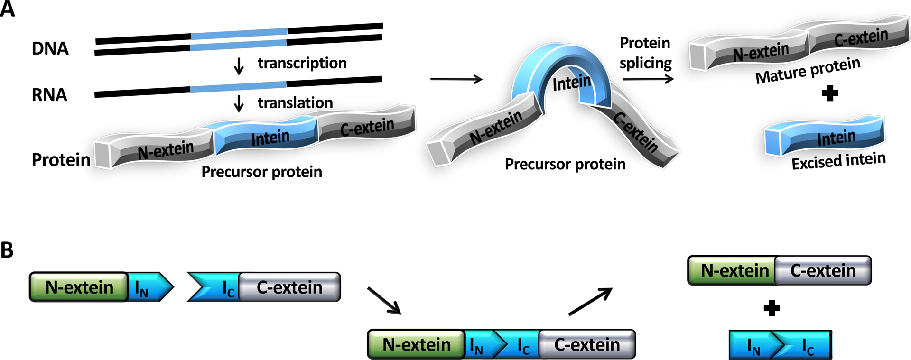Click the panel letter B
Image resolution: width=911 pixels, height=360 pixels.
pos(7,250)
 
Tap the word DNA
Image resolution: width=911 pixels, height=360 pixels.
pos(50,48)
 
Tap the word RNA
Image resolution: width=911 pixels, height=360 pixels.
pos(49,95)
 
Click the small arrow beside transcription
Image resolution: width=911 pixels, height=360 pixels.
pos(239,66)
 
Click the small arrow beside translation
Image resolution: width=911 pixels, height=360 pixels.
pos(239,103)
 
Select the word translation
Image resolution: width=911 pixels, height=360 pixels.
pos(295,102)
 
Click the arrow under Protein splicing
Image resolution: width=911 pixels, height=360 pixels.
pos(648,79)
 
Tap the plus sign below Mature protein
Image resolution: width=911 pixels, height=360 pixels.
pos(829,93)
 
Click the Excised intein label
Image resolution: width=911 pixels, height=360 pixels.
pos(838,161)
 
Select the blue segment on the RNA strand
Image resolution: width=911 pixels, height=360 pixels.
pos(238,87)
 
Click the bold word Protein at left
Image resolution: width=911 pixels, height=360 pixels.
pos(61,160)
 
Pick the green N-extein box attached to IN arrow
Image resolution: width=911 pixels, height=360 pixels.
pos(79,287)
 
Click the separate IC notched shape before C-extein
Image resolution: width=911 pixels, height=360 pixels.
pos(214,287)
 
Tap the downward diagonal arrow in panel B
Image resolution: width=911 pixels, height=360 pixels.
pos(384,300)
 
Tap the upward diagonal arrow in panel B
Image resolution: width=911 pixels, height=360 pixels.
pos(590,301)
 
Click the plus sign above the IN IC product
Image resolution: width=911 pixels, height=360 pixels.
pos(772,308)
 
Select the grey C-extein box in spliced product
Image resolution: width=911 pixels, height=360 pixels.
pos(823,270)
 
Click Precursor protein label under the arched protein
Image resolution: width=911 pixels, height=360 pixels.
pos(565,164)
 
